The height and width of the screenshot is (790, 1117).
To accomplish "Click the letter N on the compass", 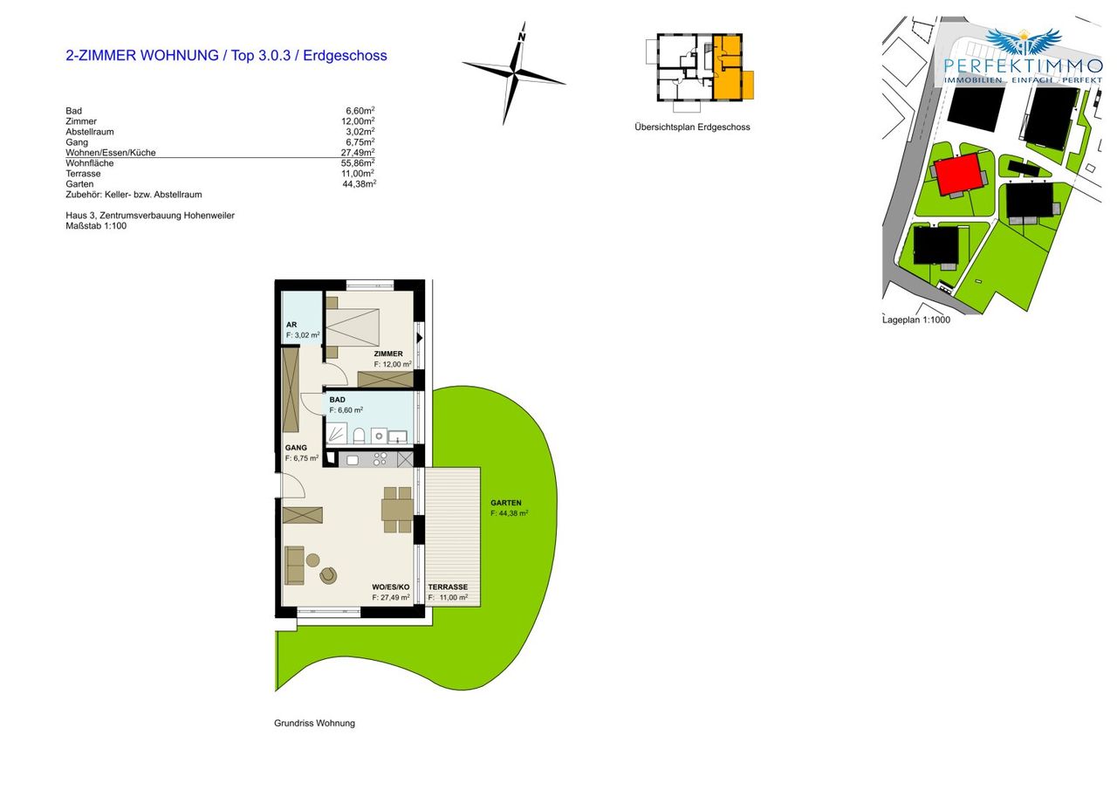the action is pos(522,38).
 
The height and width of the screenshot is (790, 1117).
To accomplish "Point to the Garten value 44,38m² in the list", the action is pos(359,184).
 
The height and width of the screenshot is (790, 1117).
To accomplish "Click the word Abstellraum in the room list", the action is pos(90,132).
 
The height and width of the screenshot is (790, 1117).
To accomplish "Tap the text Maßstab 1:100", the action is pos(96,226).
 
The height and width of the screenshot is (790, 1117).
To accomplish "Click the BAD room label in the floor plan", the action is pos(337,400).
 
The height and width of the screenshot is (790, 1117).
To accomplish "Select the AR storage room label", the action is pos(291,325).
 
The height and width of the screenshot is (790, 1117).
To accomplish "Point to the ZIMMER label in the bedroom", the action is pos(388,354).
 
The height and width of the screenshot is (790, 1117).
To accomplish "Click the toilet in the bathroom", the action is pos(359,436).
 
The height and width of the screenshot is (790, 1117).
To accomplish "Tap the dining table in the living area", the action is pos(397,510).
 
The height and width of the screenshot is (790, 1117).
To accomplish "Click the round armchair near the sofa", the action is pos(328,575).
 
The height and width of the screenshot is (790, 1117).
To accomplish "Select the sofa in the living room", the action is pos(294,565).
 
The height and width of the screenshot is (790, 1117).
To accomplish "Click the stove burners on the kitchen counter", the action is pos(380,459).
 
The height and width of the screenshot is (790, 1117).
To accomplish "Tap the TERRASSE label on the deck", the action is pos(448,587).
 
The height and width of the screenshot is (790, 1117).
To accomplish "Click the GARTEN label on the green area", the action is pos(505,503).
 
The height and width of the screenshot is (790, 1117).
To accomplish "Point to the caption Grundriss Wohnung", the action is pos(315,723).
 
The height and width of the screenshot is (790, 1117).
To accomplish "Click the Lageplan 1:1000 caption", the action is pos(916,320).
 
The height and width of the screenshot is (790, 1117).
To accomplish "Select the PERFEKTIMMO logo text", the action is pos(1024,65).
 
